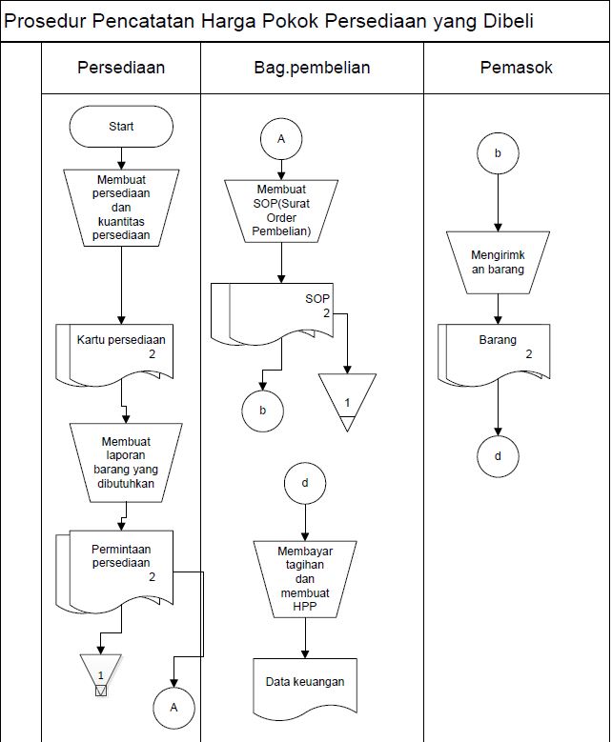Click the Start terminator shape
click(x=121, y=126)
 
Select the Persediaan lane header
click(x=121, y=68)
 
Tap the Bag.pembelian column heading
click(x=312, y=68)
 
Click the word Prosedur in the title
click(x=48, y=21)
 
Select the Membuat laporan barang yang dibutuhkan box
click(x=126, y=462)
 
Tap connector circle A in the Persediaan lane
click(x=173, y=708)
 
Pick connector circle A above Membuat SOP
click(x=280, y=139)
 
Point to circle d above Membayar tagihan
click(x=304, y=483)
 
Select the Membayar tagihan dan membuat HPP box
click(x=305, y=576)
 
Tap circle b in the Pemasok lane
click(x=498, y=152)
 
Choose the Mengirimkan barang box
click(x=498, y=262)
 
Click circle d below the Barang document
click(x=498, y=456)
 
